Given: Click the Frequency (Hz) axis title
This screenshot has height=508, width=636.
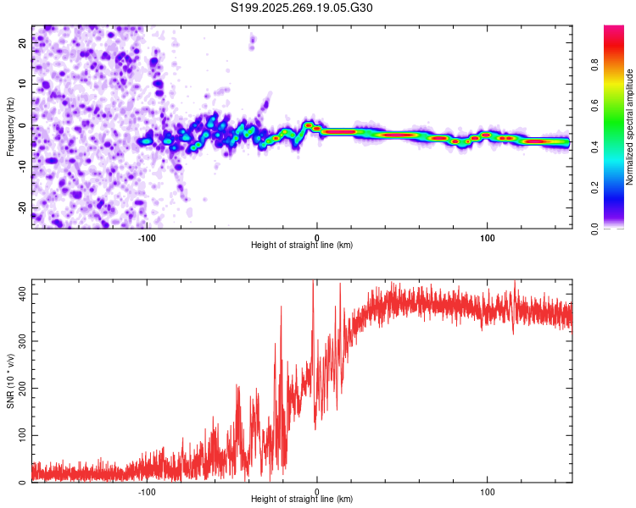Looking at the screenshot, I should pyautogui.click(x=9, y=127).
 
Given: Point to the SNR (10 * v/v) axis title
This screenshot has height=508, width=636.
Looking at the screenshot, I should pyautogui.click(x=9, y=380).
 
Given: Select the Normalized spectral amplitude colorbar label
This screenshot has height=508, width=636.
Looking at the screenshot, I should pyautogui.click(x=629, y=127).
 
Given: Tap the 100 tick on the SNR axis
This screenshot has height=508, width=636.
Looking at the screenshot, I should pyautogui.click(x=20, y=435).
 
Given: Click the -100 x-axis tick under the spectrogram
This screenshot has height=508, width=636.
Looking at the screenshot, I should pyautogui.click(x=147, y=237).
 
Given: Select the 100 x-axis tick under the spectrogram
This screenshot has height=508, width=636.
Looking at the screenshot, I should pyautogui.click(x=488, y=237).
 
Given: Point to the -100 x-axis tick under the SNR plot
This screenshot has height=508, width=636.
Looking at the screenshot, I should pyautogui.click(x=147, y=491).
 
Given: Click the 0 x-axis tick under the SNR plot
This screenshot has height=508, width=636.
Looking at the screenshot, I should pyautogui.click(x=317, y=491).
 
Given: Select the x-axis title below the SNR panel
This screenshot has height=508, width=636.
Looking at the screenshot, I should pyautogui.click(x=302, y=500).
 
